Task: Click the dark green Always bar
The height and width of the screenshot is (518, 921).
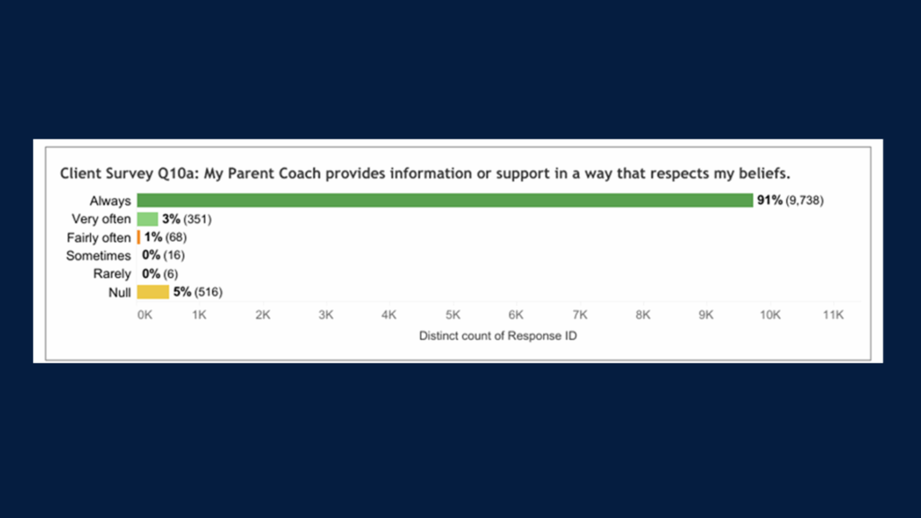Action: point(444,201)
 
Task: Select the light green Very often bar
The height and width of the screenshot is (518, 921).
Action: point(148,219)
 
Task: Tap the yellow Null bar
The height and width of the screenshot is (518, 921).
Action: point(153,292)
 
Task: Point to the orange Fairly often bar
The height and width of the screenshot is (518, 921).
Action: point(139,237)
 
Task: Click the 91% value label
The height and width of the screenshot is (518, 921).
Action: point(770,201)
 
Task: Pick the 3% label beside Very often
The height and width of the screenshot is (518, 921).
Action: point(171,219)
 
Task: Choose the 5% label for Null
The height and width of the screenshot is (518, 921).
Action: point(182,292)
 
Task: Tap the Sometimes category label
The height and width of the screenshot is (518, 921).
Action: point(98,255)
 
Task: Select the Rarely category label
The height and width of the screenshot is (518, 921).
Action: point(112,274)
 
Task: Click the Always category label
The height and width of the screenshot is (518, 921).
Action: point(110,201)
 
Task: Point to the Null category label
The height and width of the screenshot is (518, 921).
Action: point(120,292)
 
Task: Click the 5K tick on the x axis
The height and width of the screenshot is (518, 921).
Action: point(453,315)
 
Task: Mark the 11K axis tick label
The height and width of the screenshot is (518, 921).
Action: point(833,315)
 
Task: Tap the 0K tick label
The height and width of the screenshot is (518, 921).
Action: point(145,315)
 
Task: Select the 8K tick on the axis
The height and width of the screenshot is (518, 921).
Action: point(642,315)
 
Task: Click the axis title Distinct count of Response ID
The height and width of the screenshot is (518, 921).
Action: point(497,336)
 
